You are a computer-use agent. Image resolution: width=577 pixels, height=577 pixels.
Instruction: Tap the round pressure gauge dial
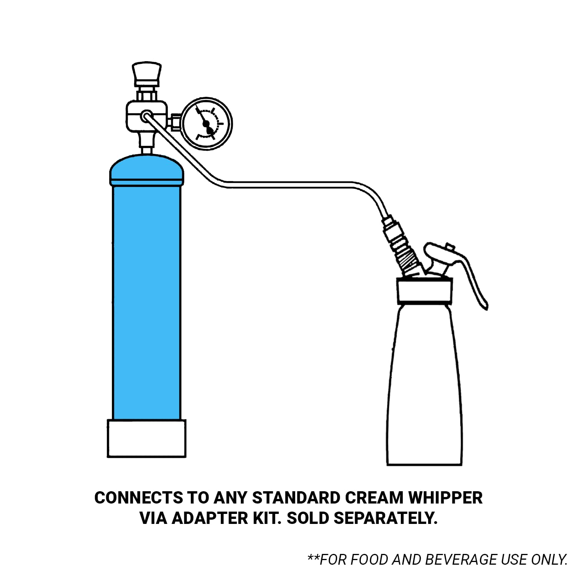click(x=207, y=124)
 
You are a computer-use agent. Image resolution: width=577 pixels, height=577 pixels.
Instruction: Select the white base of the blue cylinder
click(x=147, y=439)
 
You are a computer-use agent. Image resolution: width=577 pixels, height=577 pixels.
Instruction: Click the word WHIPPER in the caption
click(x=445, y=498)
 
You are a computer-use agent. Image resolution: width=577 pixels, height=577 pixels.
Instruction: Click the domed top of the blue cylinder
click(x=147, y=169)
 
